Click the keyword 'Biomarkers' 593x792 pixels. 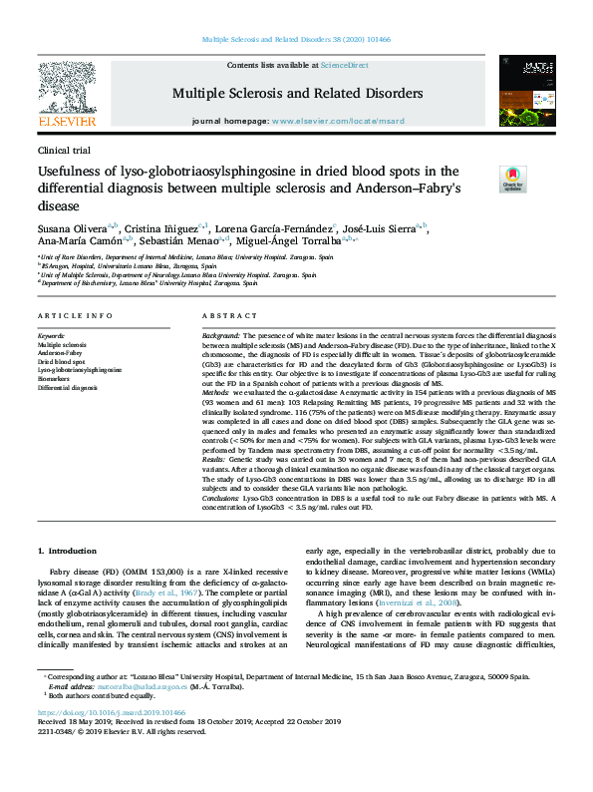click(x=55, y=377)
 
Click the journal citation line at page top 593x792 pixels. click(x=296, y=39)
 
